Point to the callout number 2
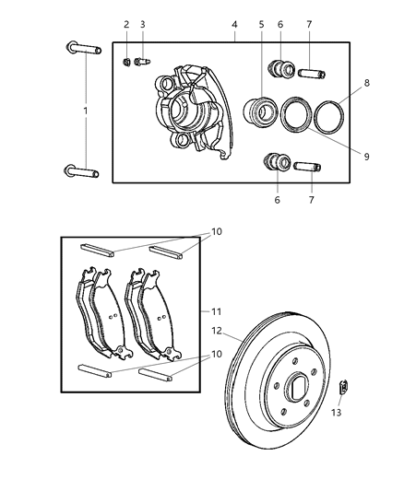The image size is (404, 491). pos(126,24)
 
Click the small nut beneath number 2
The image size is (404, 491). pos(126,62)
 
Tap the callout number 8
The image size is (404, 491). pos(366,82)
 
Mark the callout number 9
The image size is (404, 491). pos(366,157)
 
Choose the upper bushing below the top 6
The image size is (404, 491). pos(279,69)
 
